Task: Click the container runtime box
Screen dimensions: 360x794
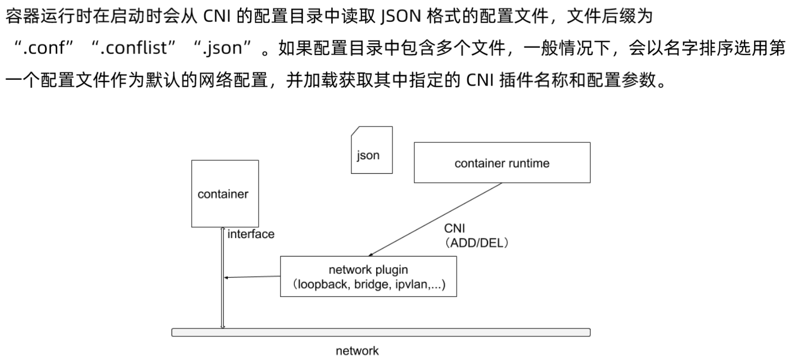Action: point(502,163)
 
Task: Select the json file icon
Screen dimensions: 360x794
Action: point(371,150)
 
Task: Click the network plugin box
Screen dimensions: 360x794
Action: point(368,276)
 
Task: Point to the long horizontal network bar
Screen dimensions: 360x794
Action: point(381,332)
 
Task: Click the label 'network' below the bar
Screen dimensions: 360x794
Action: point(357,351)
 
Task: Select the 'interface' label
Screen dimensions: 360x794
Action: point(251,234)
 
